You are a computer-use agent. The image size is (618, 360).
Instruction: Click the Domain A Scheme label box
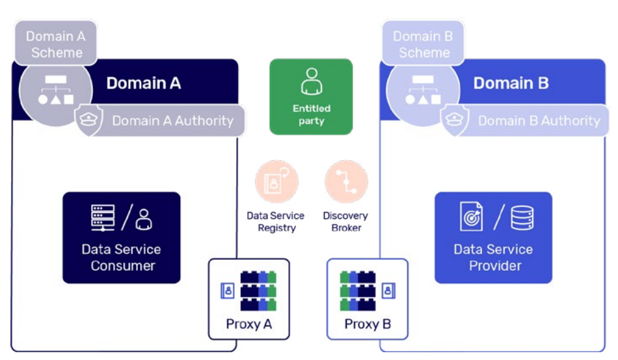tap(55, 43)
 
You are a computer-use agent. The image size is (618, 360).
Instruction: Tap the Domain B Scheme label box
tap(423, 43)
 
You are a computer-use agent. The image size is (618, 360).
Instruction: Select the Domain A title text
tap(144, 83)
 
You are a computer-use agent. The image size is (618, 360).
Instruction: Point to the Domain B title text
tap(511, 83)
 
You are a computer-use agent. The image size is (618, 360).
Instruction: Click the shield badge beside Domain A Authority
tap(89, 120)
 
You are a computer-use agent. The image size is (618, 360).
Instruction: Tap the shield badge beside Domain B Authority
tap(455, 120)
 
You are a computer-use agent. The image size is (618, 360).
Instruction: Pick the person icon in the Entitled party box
tap(312, 81)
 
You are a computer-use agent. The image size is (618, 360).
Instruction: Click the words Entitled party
tap(312, 115)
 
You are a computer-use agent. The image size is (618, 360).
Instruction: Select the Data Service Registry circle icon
tap(276, 182)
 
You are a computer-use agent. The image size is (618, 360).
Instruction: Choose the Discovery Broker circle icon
tap(346, 182)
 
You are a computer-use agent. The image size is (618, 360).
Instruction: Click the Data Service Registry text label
tap(276, 221)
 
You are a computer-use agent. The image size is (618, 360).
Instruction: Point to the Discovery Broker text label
tap(345, 221)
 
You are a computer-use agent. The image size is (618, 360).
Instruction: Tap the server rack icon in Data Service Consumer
tap(103, 217)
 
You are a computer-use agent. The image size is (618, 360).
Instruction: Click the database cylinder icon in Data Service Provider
tap(522, 217)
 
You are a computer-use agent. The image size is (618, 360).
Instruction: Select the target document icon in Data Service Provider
tap(472, 216)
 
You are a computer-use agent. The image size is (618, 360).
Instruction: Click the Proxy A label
tap(249, 324)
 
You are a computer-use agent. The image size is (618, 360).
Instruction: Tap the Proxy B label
tap(368, 324)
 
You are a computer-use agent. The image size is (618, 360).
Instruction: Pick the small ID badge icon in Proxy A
tap(228, 291)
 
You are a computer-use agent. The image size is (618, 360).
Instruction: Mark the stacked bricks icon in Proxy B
tap(358, 290)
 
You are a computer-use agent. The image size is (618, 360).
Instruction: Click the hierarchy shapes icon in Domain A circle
tap(55, 90)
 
